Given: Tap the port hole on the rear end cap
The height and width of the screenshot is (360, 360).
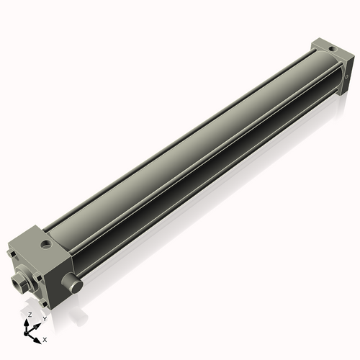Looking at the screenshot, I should (332, 50).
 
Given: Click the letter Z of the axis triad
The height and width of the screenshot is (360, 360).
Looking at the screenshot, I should (30, 315).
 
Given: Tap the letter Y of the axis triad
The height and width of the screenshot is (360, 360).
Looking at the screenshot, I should (45, 318).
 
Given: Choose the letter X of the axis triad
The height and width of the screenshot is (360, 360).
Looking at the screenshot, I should (45, 338).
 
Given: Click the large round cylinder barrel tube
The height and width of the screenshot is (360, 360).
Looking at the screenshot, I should (194, 151).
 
